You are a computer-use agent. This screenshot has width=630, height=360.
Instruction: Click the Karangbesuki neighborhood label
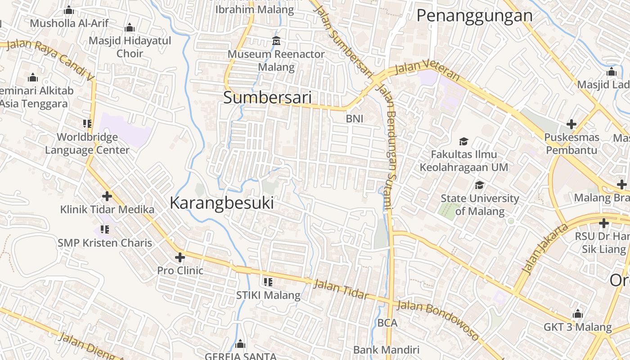(222, 203)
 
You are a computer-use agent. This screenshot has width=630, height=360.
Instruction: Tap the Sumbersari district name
(267, 98)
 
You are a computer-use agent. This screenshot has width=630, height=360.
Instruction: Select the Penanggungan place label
(474, 16)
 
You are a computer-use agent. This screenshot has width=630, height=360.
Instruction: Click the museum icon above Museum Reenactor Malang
(276, 41)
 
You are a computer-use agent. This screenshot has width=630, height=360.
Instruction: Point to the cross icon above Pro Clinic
(180, 257)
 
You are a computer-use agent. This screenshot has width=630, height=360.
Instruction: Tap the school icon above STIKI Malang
(268, 282)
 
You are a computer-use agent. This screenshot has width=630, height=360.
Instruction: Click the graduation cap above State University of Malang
(480, 185)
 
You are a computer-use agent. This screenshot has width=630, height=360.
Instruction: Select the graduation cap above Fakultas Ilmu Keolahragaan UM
(463, 141)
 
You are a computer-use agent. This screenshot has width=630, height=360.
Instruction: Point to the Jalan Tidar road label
(341, 289)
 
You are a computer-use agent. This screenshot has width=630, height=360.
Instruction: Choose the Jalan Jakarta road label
(540, 248)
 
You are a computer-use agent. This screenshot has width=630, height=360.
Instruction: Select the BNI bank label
(354, 119)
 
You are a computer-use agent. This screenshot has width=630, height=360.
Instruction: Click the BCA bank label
(387, 323)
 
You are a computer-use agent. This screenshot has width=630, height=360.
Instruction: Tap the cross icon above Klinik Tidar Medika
(107, 196)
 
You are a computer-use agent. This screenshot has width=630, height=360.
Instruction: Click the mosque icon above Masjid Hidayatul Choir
(130, 28)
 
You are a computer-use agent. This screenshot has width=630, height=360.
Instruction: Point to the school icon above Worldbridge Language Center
(87, 124)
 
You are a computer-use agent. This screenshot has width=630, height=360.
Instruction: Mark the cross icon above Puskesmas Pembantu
(571, 124)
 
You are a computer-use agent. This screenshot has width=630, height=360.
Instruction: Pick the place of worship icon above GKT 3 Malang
(578, 314)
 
